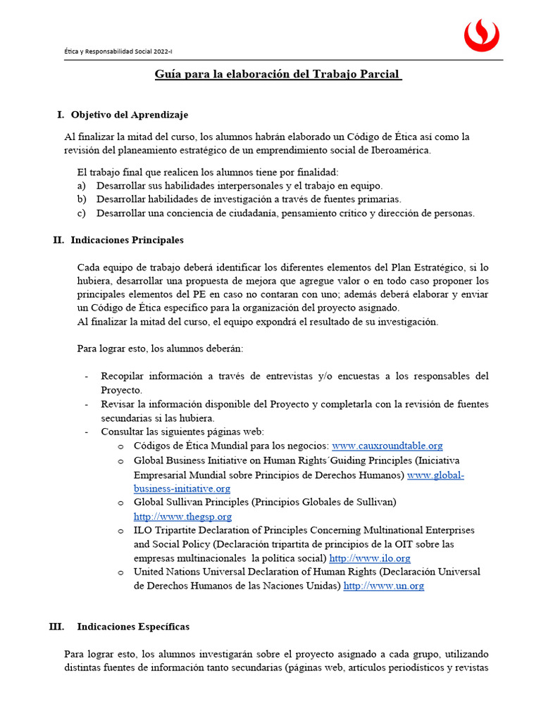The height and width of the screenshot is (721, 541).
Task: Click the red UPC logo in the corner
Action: (482, 35)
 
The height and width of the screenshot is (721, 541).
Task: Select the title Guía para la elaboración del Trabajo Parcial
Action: (278, 74)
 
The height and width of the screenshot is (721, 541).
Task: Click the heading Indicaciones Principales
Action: (127, 240)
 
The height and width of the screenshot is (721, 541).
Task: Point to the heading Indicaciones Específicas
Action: (133, 626)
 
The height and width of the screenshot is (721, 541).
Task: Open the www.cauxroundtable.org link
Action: (387, 446)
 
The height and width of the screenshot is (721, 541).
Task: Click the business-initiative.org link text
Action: (182, 488)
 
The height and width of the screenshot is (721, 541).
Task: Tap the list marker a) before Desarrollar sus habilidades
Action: (82, 186)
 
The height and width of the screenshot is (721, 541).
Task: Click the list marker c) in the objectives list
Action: (82, 213)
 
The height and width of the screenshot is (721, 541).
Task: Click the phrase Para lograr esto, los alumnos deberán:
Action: (160, 348)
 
